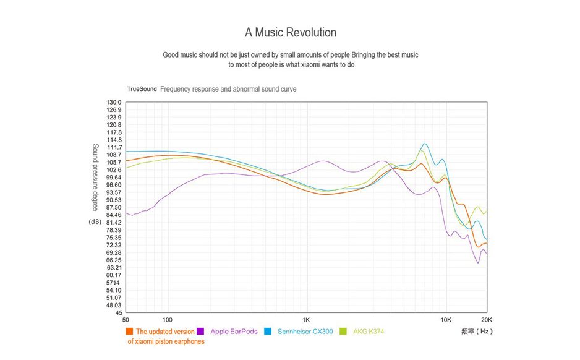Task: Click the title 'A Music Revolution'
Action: [290, 32]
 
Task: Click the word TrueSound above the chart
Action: [142, 89]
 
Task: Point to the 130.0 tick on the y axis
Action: [114, 102]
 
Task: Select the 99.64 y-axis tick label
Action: [114, 178]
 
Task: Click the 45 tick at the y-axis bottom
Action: [117, 312]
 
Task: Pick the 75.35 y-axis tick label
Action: [114, 238]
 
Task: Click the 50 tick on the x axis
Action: [126, 320]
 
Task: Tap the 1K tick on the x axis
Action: [307, 320]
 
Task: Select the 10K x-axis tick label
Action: [446, 320]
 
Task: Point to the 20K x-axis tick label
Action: [487, 320]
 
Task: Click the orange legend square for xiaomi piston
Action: [129, 332]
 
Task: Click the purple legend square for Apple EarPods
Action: [200, 332]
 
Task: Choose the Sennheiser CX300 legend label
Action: [305, 332]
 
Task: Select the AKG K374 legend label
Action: [369, 332]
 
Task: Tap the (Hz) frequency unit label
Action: [484, 332]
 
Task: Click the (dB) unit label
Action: [96, 222]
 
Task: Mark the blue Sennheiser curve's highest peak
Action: [424, 144]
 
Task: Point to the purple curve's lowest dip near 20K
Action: [477, 262]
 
